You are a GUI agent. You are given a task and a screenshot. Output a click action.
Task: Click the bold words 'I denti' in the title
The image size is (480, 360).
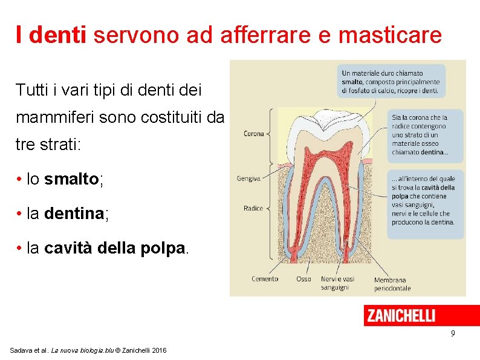[52, 35]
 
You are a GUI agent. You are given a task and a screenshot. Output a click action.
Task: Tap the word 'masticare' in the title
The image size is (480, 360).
[390, 35]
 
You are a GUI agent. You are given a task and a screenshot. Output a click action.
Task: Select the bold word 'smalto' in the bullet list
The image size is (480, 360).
[71, 179]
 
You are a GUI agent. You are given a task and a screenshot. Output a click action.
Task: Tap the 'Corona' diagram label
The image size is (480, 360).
[254, 134]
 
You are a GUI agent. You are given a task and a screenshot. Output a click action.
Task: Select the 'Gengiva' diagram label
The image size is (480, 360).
[249, 178]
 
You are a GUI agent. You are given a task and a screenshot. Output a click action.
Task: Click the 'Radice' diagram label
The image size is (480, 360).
[253, 208]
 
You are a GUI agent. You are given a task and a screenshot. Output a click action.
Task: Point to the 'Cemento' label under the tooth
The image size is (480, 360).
[265, 279]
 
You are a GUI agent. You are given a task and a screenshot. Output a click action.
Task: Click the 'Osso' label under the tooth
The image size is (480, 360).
[303, 279]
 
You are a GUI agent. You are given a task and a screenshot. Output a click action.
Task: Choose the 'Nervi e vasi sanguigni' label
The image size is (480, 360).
[337, 283]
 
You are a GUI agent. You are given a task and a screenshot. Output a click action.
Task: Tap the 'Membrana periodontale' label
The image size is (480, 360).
[392, 284]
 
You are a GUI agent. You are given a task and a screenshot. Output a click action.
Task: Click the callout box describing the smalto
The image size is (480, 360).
[391, 81]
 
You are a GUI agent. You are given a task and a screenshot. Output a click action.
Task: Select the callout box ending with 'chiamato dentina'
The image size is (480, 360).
[426, 135]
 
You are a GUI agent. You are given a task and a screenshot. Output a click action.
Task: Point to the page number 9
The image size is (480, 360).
[453, 334]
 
